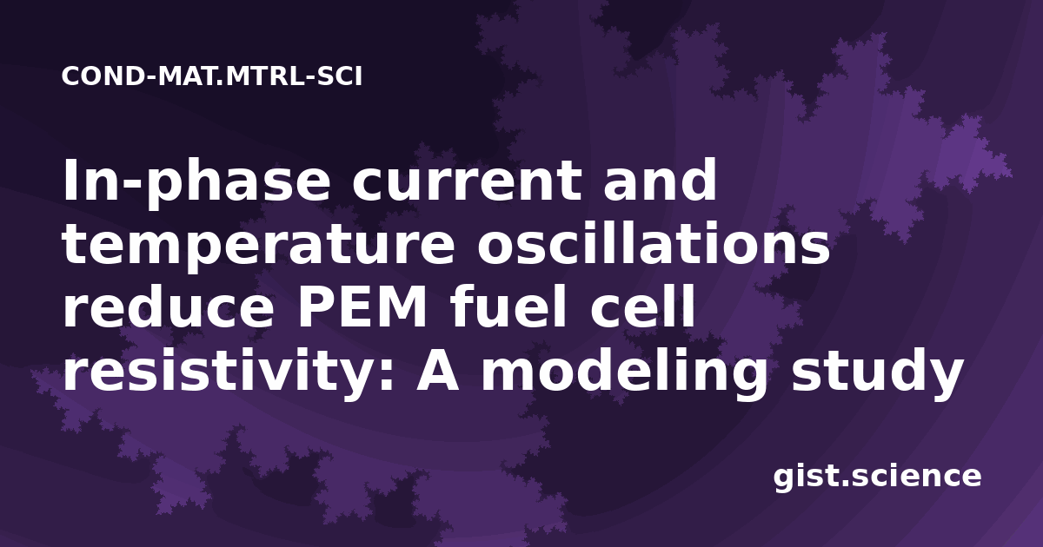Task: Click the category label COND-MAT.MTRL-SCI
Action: click(x=212, y=76)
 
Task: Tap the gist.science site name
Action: click(x=877, y=478)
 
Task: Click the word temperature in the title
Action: click(x=258, y=246)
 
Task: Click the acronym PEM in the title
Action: click(x=362, y=307)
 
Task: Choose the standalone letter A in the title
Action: click(x=437, y=371)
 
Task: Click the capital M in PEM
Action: click(x=401, y=307)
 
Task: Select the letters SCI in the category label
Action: click(x=340, y=76)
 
